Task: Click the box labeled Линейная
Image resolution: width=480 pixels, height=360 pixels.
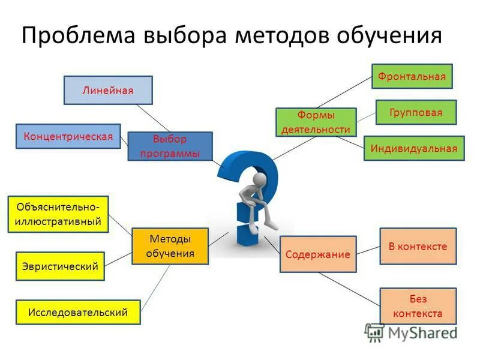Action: pos(108,91)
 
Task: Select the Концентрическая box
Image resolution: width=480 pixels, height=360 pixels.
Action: pos(68,136)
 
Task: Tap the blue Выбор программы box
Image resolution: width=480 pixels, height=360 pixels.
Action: pos(170,146)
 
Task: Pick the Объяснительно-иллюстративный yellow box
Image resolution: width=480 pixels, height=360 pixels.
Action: pos(58,214)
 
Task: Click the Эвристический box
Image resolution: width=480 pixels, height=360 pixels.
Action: pos(59,266)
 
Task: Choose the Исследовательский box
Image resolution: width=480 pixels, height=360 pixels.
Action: pos(78,312)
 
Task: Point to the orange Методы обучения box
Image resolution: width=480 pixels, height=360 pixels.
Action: pos(170,246)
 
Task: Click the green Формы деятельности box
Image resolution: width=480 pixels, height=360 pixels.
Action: pos(316,122)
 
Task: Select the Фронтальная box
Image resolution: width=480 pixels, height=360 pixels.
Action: pos(412,77)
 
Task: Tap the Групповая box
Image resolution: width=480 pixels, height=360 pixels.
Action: pos(416,112)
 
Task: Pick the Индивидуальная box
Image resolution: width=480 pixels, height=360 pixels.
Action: pos(413,148)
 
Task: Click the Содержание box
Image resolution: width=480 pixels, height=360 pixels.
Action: pos(318,254)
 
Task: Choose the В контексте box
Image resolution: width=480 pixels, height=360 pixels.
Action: pos(418,246)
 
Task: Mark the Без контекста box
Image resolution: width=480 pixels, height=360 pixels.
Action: pos(418,306)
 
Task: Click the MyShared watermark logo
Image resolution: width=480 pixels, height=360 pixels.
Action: pos(411,332)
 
